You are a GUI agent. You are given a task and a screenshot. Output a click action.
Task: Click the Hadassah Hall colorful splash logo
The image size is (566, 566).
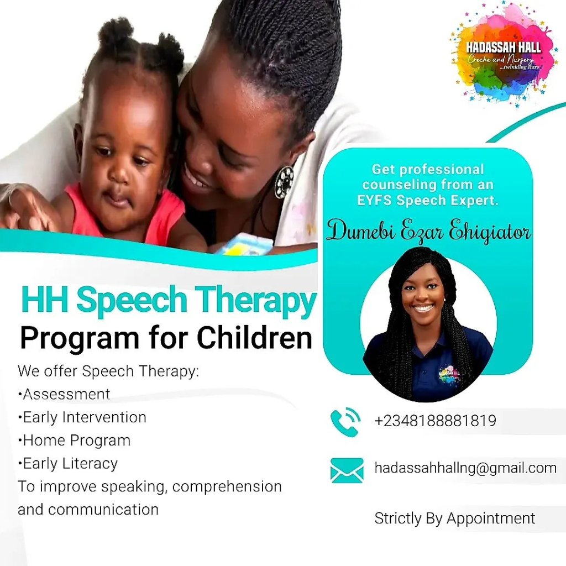pos(502,54)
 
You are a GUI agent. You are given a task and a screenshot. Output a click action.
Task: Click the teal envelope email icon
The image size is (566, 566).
pos(347,470)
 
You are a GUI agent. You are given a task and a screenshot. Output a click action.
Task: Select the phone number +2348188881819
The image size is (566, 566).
pos(436,421)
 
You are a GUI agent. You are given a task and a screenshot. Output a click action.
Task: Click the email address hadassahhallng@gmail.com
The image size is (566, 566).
pos(465,468)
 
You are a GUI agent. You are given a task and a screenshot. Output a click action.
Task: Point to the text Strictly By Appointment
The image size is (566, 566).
pos(455,518)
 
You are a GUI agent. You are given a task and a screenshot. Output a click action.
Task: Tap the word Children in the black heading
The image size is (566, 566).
pos(254,338)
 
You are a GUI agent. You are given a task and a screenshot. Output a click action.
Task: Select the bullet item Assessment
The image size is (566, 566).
pos(64,394)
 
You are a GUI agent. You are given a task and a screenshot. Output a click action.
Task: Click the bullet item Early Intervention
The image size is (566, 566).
pos(82,417)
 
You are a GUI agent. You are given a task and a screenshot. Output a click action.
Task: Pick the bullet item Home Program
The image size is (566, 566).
pos(74,441)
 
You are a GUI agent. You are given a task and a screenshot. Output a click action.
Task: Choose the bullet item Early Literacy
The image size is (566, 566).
pos(67,464)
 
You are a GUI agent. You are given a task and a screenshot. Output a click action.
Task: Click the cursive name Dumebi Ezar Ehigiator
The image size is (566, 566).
pos(428,231)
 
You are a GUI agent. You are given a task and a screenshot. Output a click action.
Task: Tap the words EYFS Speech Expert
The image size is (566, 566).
pos(428,200)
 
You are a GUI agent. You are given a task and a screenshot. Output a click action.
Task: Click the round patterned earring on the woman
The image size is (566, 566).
pos(284,182)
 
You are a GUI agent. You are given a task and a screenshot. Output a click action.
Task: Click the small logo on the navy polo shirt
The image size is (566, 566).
pos(449,375)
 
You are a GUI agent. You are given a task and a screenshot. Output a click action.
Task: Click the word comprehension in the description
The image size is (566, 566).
pos(227,487)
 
